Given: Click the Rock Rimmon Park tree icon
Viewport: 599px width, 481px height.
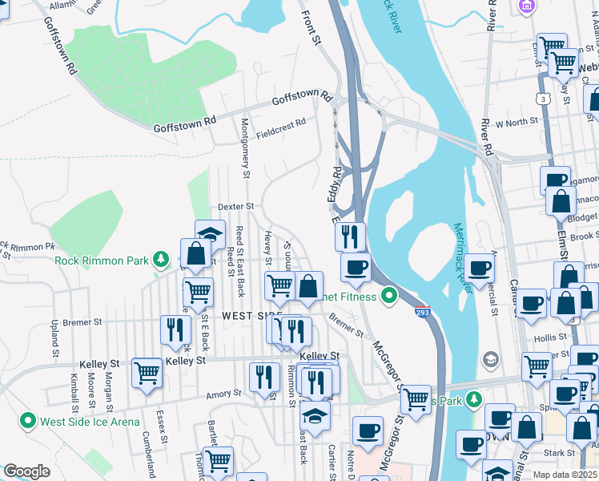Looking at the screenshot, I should coord(162,259).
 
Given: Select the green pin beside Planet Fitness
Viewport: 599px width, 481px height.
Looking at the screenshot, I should coord(389,297).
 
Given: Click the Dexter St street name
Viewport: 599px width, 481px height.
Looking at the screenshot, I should coord(235,207).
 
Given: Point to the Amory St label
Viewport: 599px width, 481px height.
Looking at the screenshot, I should coord(223,393).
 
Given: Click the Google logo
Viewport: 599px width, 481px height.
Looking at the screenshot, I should coord(26,471).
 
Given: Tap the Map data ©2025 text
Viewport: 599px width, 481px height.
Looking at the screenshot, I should coord(565,475).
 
